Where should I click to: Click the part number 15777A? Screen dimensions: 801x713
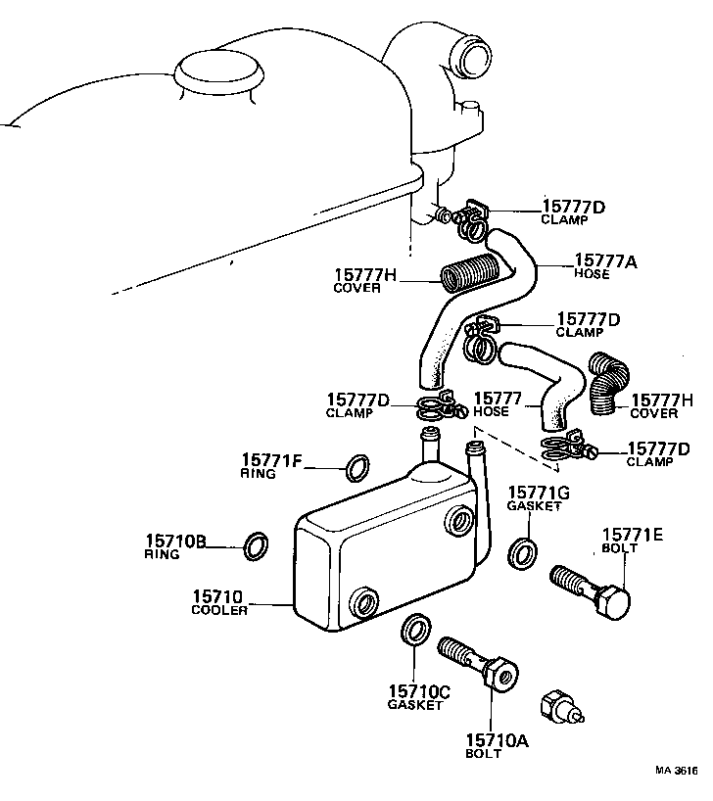pos(605,259)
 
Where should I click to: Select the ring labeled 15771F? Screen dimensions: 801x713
pos(358,467)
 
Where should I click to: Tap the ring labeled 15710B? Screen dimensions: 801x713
pos(256,545)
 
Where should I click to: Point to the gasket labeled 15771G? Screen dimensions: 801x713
pos(521,551)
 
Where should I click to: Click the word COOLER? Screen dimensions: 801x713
pos(220,609)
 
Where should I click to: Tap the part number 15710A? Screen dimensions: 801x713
pos(497,740)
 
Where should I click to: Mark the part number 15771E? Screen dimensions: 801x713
pos(632,534)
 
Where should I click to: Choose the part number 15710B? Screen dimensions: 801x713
pos(175,540)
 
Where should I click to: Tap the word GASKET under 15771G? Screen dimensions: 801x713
pos(534,506)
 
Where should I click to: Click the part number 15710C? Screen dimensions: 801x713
pos(418,691)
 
